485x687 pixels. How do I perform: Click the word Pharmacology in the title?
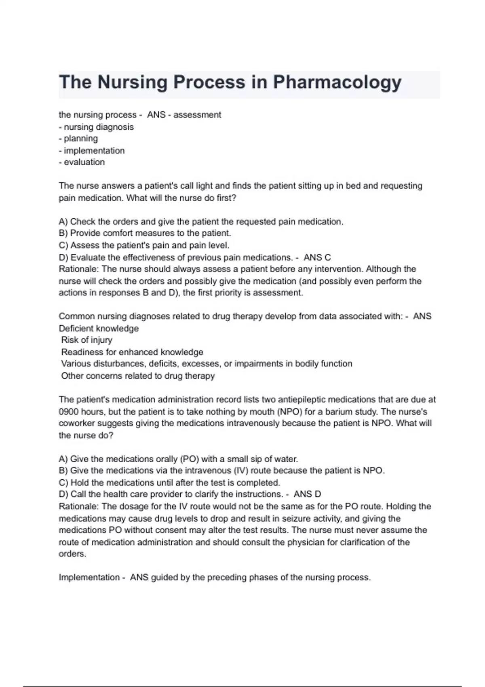tap(337, 82)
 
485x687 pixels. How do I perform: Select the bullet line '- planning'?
tap(78, 139)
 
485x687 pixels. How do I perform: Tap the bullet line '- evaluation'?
tap(82, 162)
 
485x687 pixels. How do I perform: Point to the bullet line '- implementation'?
tap(92, 151)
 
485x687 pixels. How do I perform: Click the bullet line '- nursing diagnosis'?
tap(96, 127)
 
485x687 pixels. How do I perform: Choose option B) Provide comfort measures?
tap(145, 233)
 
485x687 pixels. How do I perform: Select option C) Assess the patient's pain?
tap(144, 245)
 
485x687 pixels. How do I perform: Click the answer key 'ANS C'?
tap(317, 257)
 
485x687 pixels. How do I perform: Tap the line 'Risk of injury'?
tap(86, 340)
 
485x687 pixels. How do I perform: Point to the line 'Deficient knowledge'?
tap(99, 329)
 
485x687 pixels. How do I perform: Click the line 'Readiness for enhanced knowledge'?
tap(132, 352)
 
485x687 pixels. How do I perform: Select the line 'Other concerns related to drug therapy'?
tap(138, 376)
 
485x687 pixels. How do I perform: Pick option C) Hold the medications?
tap(169, 483)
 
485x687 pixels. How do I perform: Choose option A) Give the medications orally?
tap(178, 459)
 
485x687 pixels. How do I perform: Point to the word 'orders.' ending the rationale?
tap(72, 554)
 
